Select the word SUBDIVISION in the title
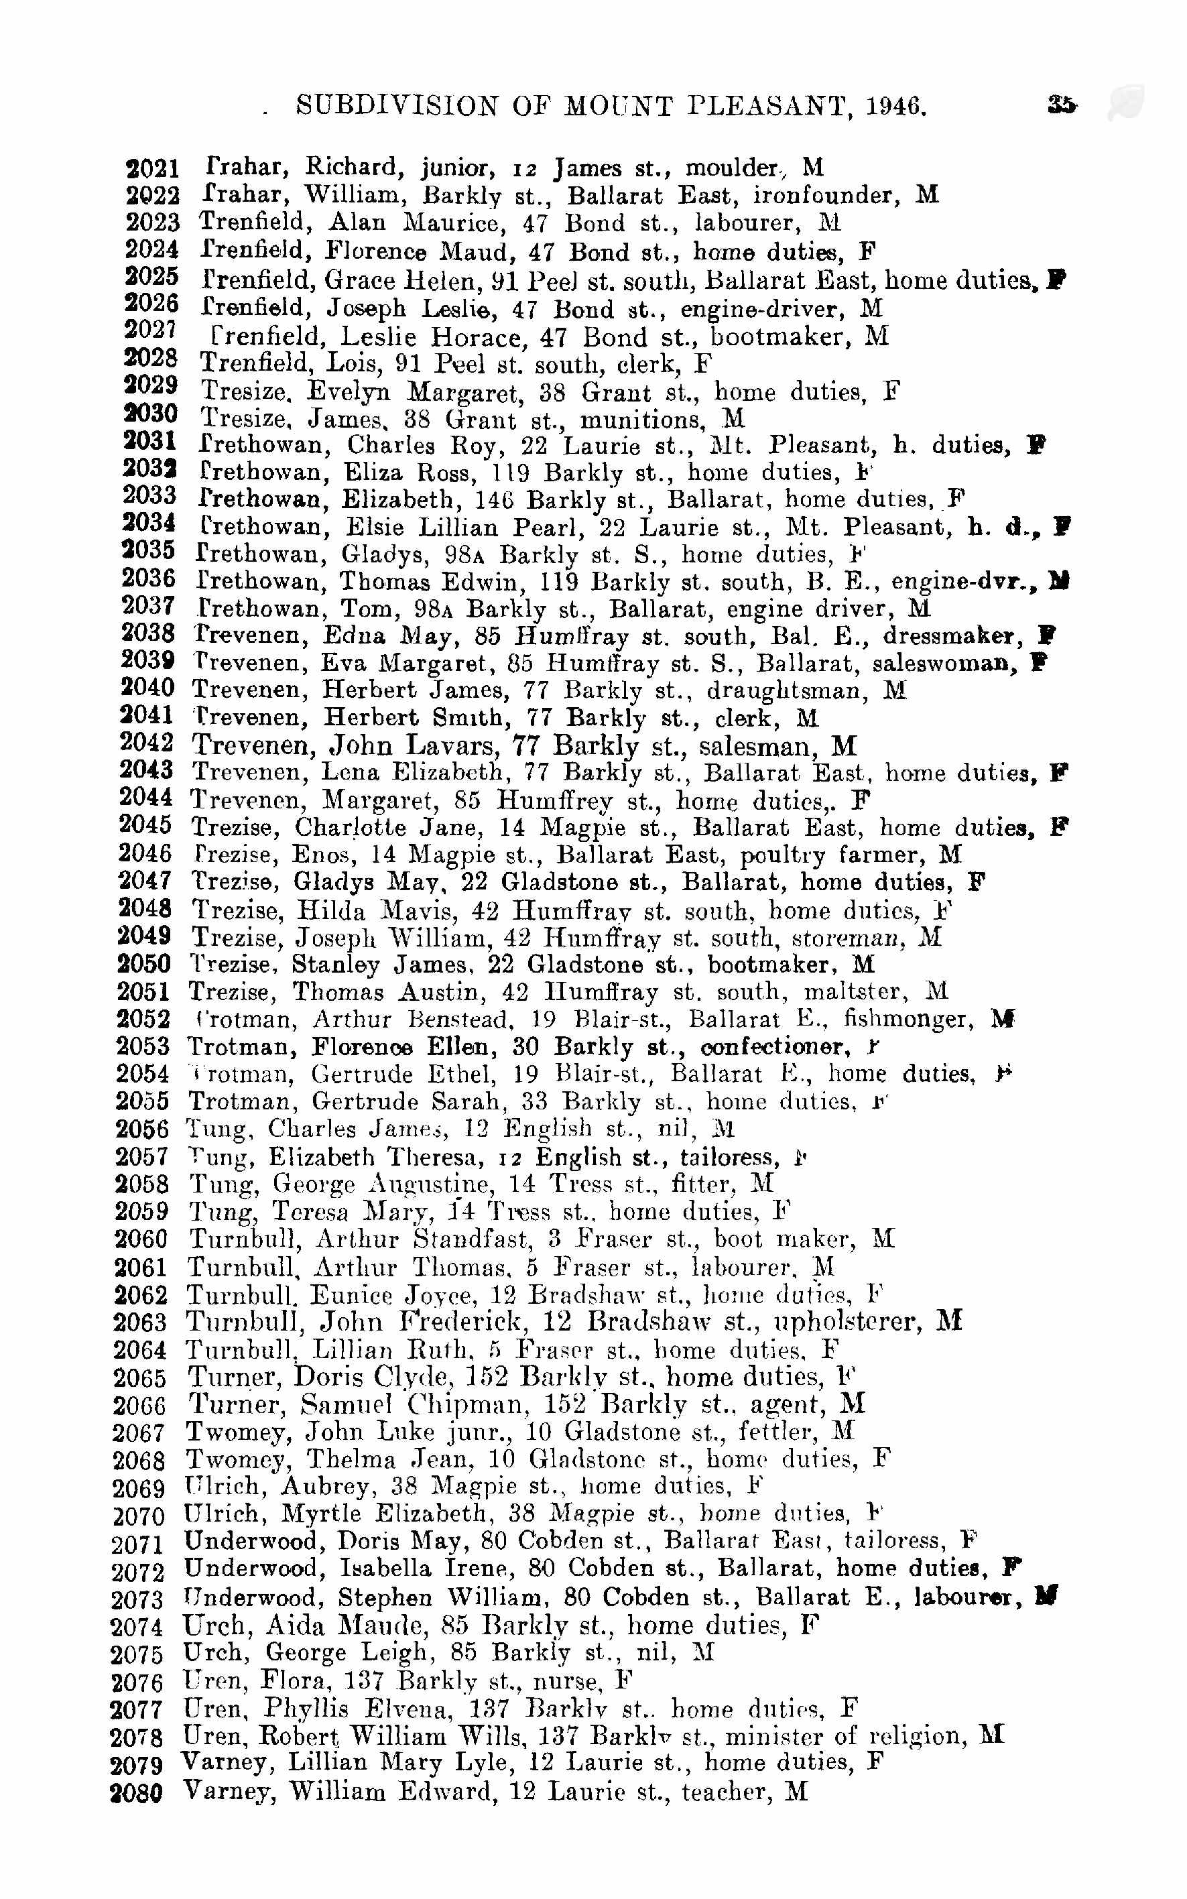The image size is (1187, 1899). pos(397,106)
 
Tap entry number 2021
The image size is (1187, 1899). pos(152,168)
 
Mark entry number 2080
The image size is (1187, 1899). pos(137,1794)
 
